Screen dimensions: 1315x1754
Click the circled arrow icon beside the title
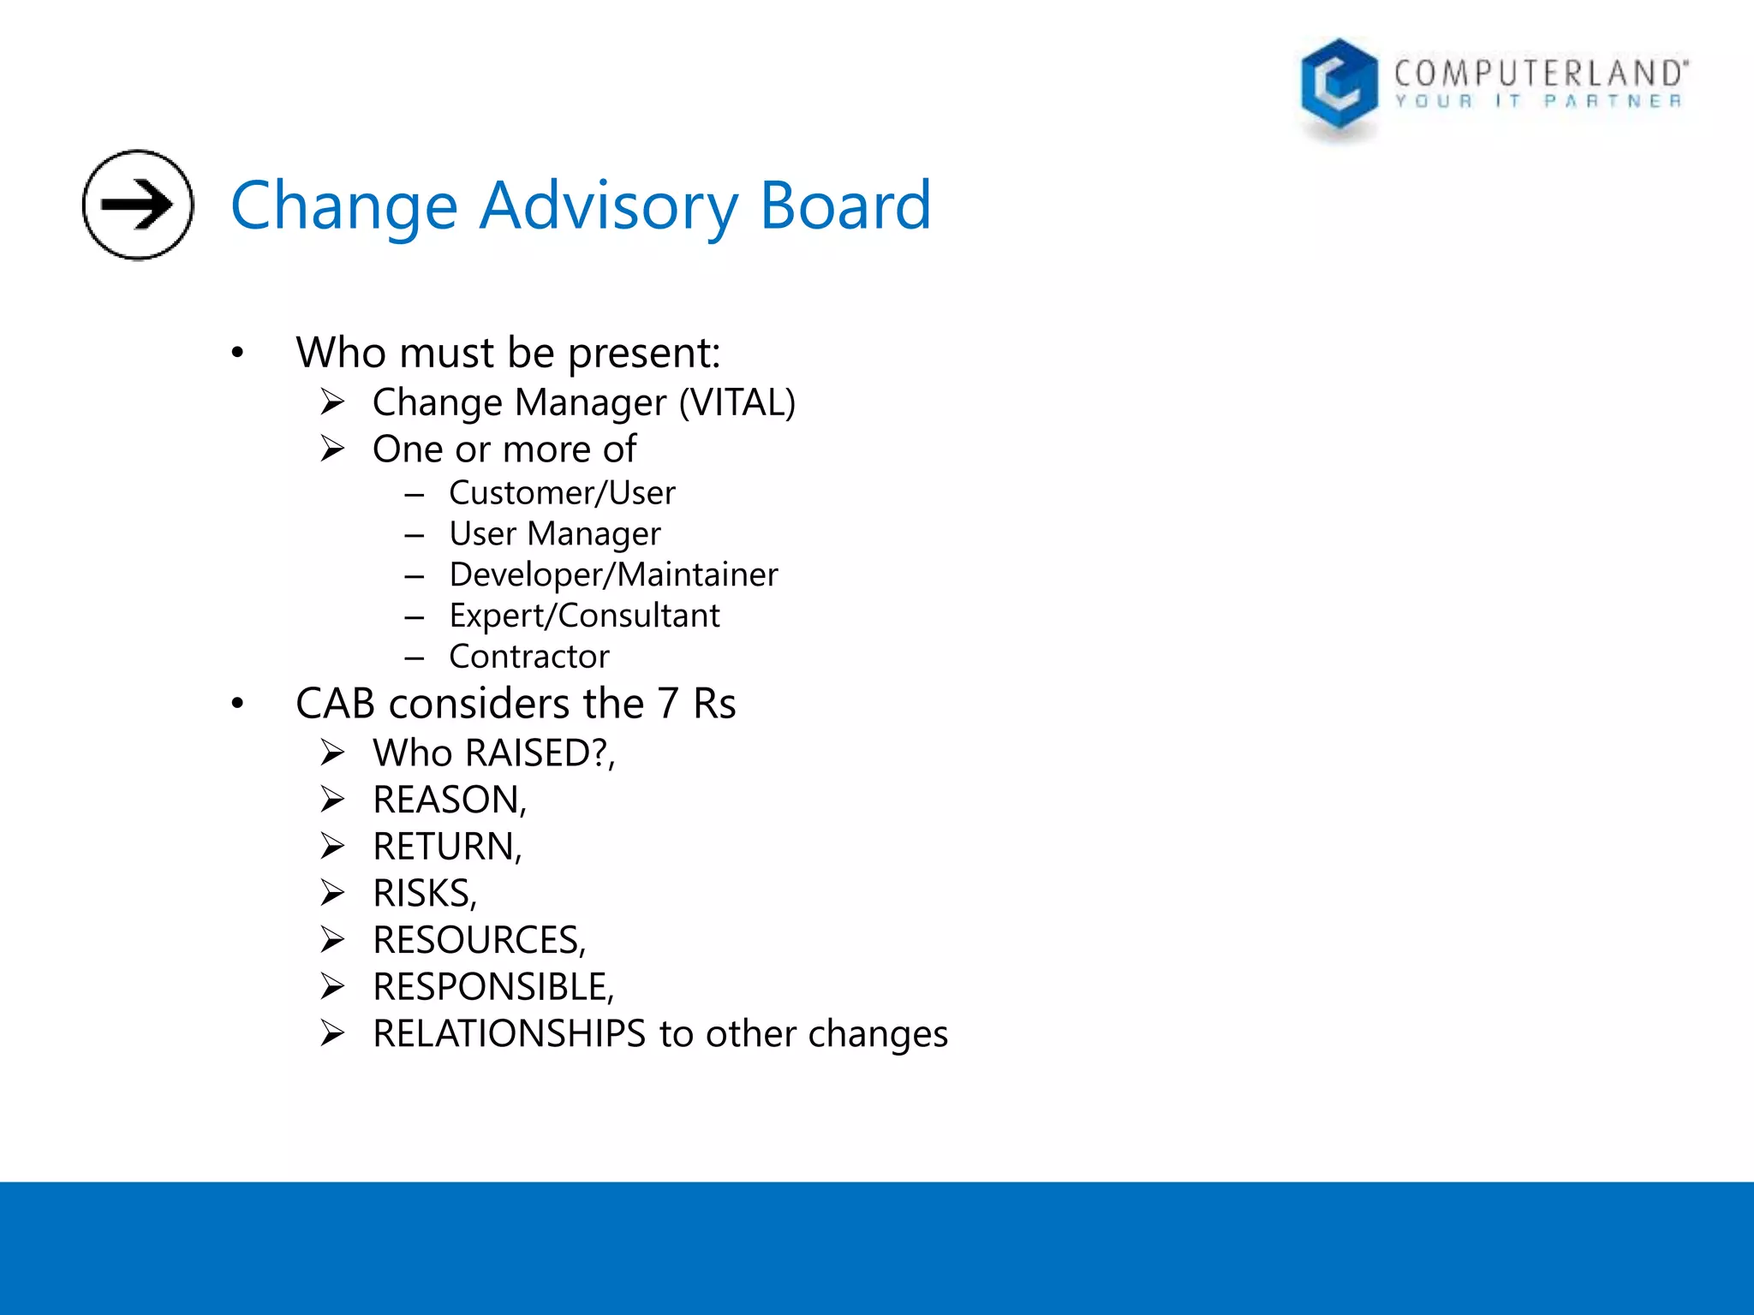tap(138, 205)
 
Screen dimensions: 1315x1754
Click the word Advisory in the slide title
tap(609, 206)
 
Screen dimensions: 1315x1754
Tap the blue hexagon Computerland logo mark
tap(1339, 86)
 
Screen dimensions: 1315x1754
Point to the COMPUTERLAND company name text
tap(1540, 74)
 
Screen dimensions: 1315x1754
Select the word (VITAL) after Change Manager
tap(737, 402)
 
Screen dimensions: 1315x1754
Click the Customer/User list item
tap(562, 493)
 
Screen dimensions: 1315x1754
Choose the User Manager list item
tap(555, 534)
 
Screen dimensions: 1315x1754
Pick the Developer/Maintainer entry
tap(613, 574)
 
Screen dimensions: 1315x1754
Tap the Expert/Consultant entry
tap(584, 616)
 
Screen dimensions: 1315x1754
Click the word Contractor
tap(529, 657)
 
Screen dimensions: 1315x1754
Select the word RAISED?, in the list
tap(540, 753)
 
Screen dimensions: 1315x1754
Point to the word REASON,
tap(450, 800)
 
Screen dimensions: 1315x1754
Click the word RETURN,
tap(447, 847)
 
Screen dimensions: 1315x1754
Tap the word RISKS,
tap(425, 894)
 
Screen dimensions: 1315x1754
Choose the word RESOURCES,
tap(480, 940)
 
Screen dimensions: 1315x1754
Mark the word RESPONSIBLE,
tap(493, 987)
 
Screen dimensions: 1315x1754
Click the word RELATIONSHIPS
tap(509, 1034)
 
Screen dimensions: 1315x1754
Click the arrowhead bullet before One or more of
tap(332, 449)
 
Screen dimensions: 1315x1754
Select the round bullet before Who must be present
tap(237, 353)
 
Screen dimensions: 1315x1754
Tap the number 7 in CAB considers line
tap(668, 704)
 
